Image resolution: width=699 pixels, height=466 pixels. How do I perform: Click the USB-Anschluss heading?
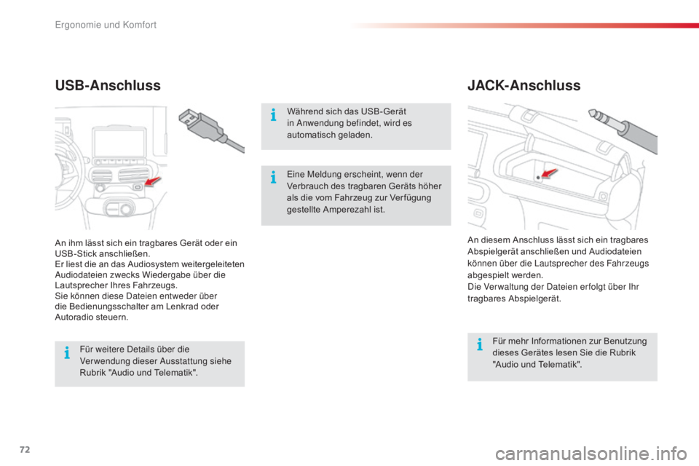click(108, 85)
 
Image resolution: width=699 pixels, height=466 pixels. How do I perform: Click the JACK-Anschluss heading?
click(524, 85)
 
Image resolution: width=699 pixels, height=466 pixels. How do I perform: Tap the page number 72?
click(25, 449)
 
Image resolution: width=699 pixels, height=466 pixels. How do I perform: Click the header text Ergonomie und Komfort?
click(106, 25)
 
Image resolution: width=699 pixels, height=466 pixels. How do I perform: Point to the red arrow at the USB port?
click(152, 181)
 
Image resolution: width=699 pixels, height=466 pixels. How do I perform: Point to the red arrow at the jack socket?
click(548, 173)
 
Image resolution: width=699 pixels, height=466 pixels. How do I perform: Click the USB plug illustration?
click(210, 130)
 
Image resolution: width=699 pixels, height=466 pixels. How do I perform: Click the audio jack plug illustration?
click(623, 130)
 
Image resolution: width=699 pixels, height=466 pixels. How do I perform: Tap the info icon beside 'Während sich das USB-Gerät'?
click(273, 115)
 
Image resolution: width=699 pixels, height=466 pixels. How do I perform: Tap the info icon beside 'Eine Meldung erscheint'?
click(273, 178)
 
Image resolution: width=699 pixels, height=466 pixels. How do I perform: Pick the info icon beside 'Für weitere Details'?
click(67, 352)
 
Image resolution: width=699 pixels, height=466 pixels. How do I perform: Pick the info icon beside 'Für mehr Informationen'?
click(480, 344)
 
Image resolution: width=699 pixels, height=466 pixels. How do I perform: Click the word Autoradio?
click(74, 317)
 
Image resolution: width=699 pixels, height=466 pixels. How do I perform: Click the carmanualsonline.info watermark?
click(591, 454)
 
